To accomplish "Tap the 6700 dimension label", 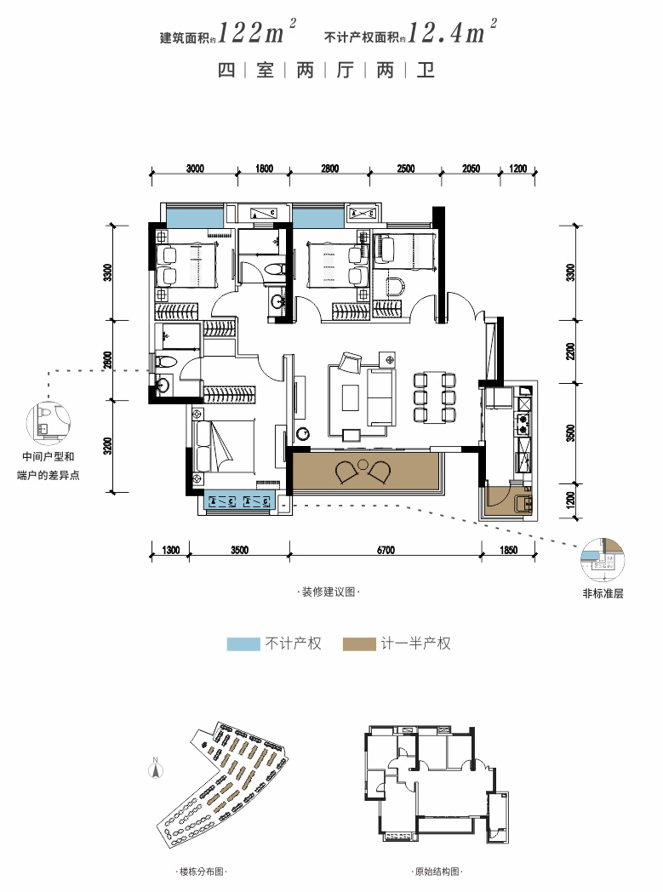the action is point(385,550).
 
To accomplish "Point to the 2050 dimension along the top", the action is point(471,169).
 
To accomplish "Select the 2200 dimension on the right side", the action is point(571,351).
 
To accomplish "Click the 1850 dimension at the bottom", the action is point(508,550).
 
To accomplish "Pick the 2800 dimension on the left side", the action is point(108,360).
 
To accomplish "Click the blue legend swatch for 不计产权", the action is point(243,644).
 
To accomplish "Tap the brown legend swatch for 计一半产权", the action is point(359,644).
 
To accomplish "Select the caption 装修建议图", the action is point(329,592).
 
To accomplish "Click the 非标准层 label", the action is point(603,593).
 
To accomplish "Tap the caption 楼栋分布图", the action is point(202,872).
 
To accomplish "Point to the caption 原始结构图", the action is point(437,872).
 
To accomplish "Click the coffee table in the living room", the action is point(351,397).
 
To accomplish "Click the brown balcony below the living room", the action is point(365,471).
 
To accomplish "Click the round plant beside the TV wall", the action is point(303,434).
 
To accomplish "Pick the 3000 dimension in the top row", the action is point(194,169).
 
